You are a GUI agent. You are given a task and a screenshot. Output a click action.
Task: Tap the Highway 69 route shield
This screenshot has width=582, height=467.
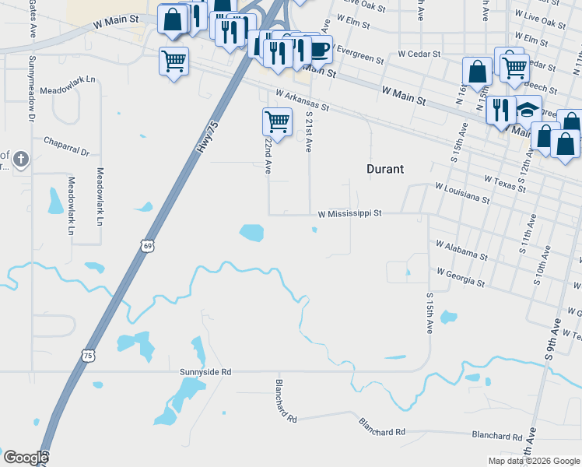coord(148,246)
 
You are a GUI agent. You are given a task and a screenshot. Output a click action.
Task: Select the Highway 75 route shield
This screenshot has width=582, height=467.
coord(88,356)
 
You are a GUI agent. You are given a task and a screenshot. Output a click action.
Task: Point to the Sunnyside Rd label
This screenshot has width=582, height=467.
coord(206,372)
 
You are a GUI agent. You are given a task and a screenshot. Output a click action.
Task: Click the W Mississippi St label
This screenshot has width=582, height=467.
coord(350,212)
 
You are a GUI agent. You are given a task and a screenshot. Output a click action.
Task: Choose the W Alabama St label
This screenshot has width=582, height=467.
coord(461,250)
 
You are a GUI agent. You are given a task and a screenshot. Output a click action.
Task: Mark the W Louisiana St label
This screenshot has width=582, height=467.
coord(463,193)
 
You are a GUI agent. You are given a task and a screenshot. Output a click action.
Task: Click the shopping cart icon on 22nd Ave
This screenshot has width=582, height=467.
coord(277,121)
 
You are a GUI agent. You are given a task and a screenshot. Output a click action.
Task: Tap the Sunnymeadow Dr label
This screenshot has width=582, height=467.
coord(33,89)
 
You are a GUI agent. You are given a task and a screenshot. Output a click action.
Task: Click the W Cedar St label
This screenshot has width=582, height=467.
coord(419,54)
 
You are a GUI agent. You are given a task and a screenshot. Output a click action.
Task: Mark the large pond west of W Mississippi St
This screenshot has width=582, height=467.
coord(251,232)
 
